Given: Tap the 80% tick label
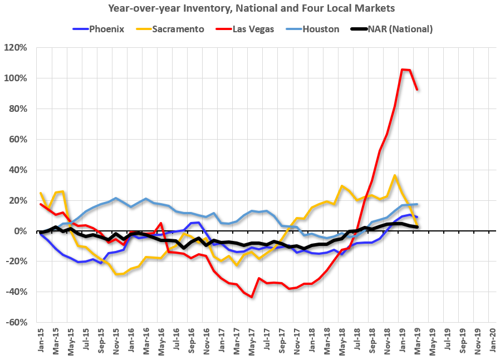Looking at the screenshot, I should (x=18, y=109).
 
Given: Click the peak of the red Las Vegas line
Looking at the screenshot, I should (x=402, y=70).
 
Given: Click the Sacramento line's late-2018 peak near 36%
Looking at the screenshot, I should (x=394, y=175).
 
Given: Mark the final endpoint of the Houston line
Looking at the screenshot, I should (x=417, y=204).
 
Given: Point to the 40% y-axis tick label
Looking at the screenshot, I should (x=18, y=170).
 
